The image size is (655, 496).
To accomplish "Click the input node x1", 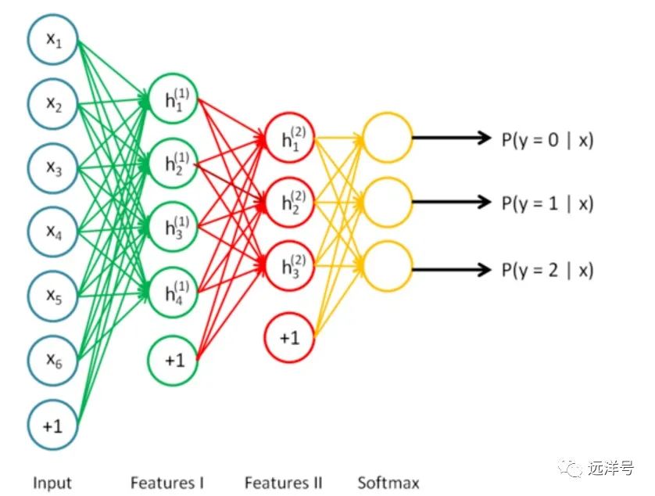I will coord(52,39).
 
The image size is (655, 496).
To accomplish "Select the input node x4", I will coord(52,231).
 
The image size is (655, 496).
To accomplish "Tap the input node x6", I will coord(52,359).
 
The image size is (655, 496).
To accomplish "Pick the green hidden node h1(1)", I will coord(174,99).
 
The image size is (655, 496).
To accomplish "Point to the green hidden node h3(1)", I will coord(174,228).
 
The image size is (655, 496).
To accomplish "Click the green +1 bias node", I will coord(174,360).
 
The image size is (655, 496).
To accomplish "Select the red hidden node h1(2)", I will coord(290,138).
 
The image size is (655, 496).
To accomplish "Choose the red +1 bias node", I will coord(290,337).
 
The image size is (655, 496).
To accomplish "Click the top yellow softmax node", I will coord(387,138).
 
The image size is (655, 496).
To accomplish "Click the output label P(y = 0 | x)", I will coord(547,139).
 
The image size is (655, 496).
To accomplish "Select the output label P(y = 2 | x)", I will coord(547,271).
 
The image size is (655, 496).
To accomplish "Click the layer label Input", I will coord(52,483).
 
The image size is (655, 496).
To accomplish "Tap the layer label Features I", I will coord(167,483).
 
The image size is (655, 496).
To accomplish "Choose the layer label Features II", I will coord(283,483).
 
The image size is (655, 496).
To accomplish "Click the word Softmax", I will coord(388,483).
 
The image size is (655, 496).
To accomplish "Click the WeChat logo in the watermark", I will coord(574,469).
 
